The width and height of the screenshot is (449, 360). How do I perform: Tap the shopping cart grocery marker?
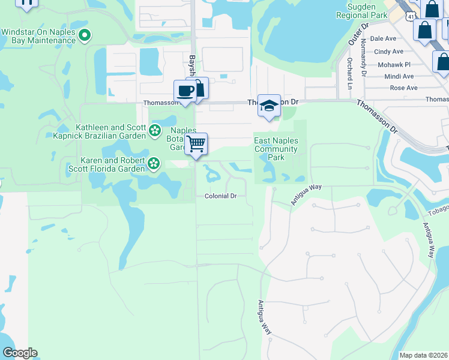coord(196,144)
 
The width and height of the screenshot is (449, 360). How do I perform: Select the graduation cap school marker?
coord(269,106)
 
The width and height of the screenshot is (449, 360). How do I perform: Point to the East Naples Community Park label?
coord(276,149)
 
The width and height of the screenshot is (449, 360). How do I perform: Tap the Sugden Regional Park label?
coord(361,10)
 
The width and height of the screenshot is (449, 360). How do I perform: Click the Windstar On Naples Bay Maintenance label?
coord(38,35)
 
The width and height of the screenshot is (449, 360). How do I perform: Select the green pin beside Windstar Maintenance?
coord(85,35)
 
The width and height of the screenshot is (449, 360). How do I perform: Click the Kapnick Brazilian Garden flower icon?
coord(155,130)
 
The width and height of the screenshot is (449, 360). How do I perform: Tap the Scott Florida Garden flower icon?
coord(154,163)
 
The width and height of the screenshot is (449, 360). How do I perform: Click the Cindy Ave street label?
coord(388,52)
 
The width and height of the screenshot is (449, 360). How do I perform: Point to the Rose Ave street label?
coord(403,88)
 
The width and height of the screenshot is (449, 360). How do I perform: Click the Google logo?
coord(19,353)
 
